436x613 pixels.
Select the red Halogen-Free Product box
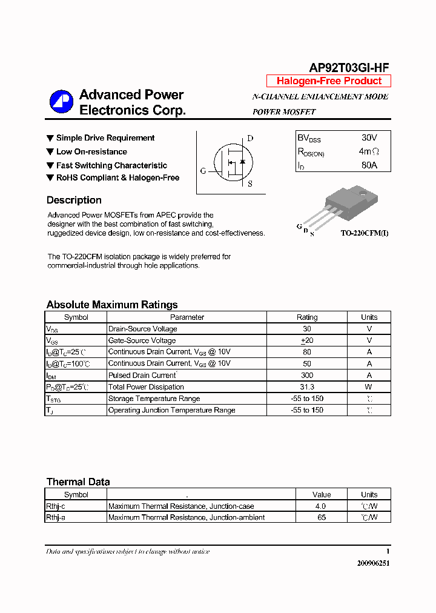329,81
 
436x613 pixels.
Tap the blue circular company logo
61,102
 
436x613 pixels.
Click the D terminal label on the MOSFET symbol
250,138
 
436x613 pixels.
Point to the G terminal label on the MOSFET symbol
203,171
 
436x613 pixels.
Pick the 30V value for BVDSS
369,138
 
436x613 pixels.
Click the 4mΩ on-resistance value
369,151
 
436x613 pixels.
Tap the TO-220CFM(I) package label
364,233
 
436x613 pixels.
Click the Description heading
74,200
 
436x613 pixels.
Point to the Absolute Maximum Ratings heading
112,305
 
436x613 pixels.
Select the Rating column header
307,317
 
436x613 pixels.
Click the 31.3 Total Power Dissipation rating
307,387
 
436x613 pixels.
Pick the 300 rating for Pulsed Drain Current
307,376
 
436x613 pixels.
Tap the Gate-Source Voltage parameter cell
142,340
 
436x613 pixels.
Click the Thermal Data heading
78,482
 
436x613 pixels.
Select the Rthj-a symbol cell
56,517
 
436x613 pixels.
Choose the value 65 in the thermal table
322,517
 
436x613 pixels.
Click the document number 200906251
373,563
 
